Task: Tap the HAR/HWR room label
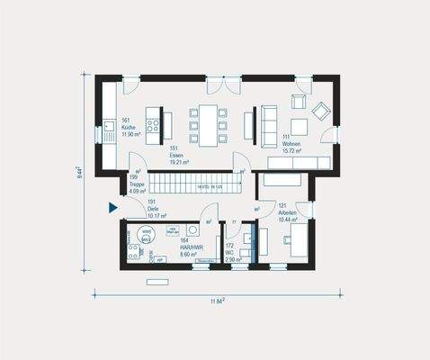190,248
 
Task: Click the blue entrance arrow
113,208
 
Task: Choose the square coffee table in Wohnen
296,125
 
